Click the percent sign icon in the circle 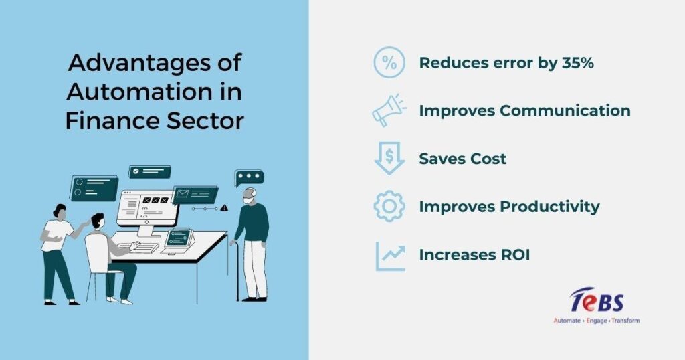tap(389, 62)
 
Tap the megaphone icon tap(389, 110)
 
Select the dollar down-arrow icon tap(389, 158)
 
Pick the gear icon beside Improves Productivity tap(389, 206)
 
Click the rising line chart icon tap(391, 256)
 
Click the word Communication tap(565, 110)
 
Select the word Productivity tap(550, 207)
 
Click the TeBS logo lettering tap(596, 300)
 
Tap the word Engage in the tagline tap(596, 321)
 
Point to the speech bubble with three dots tap(249, 177)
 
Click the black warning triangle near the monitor tap(224, 208)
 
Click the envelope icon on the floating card tap(182, 193)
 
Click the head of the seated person tap(98, 221)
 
